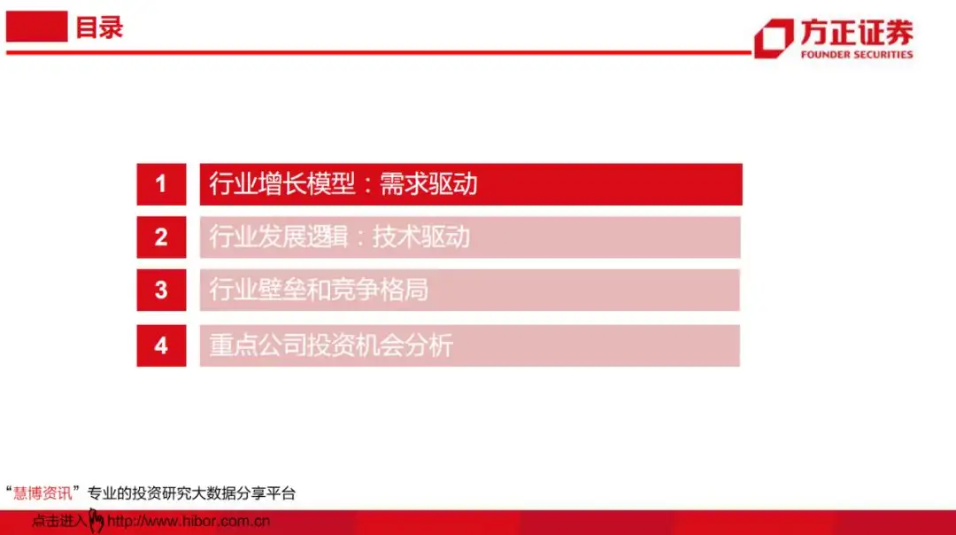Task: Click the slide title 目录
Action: (99, 27)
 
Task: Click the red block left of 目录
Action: (36, 27)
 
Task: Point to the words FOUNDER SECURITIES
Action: (856, 54)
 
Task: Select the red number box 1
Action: (161, 184)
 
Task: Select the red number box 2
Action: (161, 237)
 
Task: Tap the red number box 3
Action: (161, 291)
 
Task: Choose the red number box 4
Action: (161, 345)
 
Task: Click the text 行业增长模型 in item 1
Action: (281, 184)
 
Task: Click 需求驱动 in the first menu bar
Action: (428, 184)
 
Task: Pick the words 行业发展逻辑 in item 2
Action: (281, 237)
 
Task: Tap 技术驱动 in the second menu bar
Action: (420, 237)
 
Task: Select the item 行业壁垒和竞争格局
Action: (319, 291)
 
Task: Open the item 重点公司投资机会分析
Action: (331, 345)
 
